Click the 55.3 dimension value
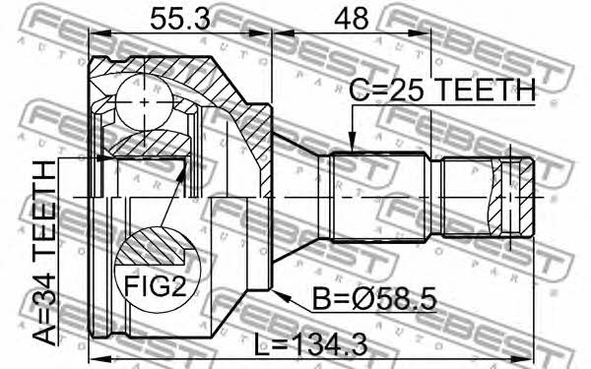pos(180,19)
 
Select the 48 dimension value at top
pos(351,19)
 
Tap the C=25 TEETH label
pos(442,90)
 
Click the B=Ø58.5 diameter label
pos(375,299)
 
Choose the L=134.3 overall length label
pos(310,345)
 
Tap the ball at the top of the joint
pos(145,102)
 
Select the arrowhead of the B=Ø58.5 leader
pos(282,296)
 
